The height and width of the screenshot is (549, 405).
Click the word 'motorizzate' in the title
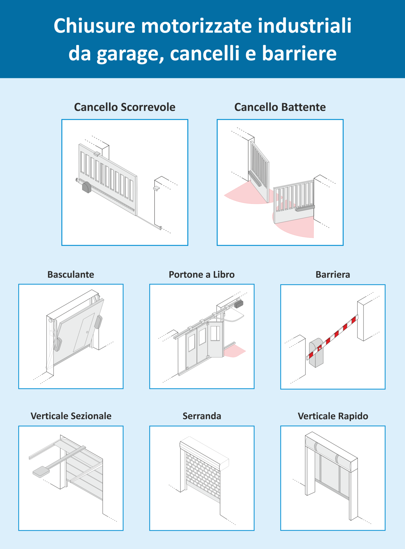click(196, 26)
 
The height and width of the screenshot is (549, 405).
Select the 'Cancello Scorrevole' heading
click(125, 107)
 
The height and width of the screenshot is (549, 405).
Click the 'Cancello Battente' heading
click(280, 107)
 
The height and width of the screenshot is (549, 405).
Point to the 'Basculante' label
click(71, 274)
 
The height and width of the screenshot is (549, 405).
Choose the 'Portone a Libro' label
click(202, 274)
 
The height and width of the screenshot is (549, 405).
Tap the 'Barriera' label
click(333, 274)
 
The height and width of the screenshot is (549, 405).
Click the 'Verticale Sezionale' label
click(71, 416)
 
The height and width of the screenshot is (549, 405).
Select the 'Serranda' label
click(202, 416)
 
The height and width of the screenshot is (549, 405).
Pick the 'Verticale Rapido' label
click(333, 416)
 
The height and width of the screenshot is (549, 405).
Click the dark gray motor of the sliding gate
click(87, 188)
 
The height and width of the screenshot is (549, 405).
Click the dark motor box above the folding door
click(239, 304)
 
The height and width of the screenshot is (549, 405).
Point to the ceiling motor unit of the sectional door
click(41, 472)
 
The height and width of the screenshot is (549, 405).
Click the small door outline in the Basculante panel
click(84, 332)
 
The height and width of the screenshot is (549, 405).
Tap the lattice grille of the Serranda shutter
click(203, 476)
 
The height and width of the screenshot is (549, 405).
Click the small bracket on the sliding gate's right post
click(157, 188)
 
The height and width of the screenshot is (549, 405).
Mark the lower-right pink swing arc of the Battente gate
click(298, 228)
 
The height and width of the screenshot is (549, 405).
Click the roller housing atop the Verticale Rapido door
click(331, 453)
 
